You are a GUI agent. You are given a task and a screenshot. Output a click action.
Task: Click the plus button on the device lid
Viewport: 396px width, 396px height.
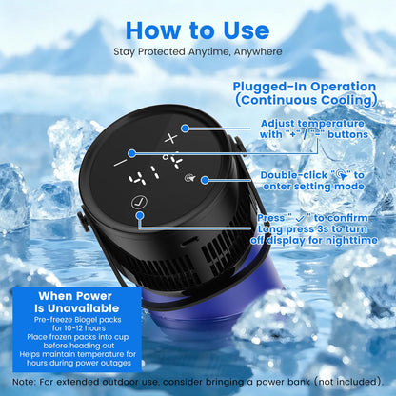[x=171, y=138]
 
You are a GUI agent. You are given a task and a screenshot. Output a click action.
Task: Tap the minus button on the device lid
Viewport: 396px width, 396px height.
[x=121, y=163]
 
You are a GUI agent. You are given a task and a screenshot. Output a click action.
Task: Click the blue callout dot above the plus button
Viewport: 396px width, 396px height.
[x=186, y=129]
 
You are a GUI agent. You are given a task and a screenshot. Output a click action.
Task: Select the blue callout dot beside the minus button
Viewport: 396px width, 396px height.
[x=132, y=153]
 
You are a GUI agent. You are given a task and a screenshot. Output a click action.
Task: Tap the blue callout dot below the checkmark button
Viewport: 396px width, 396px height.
[x=140, y=216]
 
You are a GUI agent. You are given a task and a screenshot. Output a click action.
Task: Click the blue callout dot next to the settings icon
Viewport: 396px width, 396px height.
[x=205, y=180]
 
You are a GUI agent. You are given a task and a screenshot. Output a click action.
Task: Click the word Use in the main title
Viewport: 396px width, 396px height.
[x=247, y=30]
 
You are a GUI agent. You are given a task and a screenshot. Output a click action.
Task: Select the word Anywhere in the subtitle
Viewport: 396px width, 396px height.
[x=258, y=51]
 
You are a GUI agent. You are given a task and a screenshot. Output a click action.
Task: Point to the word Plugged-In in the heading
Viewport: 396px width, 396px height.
[x=269, y=87]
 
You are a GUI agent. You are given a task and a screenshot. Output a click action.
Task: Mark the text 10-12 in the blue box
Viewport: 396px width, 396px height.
[x=73, y=328]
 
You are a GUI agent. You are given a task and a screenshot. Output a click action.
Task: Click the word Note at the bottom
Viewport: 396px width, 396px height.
[x=22, y=382]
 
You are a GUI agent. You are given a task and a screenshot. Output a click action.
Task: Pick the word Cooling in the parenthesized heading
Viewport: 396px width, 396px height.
[x=346, y=100]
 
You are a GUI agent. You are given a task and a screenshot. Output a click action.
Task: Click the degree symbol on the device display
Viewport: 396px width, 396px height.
[x=165, y=156]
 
